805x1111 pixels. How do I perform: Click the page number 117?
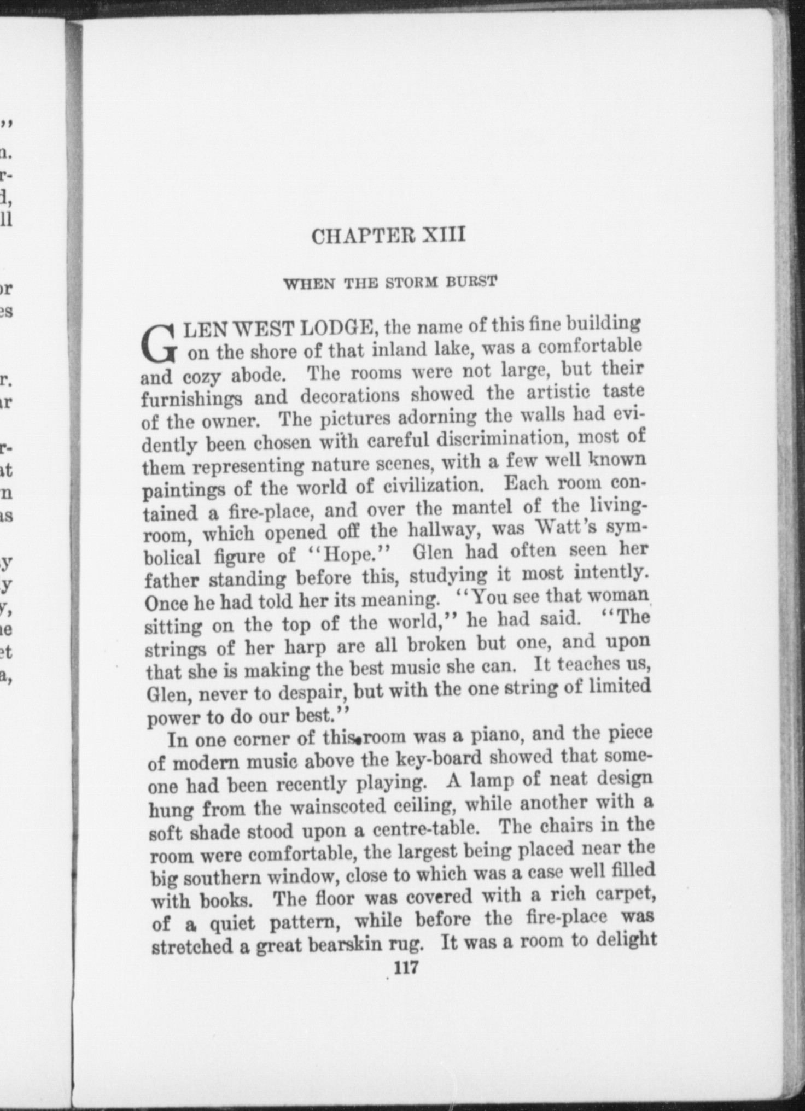[406, 968]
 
